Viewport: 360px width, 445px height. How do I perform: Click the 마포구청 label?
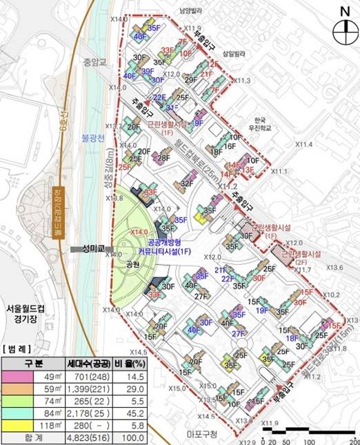pyautogui.click(x=201, y=434)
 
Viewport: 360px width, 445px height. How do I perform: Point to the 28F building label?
pyautogui.click(x=163, y=158)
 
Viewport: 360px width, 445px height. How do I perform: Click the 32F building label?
pyautogui.click(x=187, y=184)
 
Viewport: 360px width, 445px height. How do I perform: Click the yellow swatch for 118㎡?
pyautogui.click(x=22, y=426)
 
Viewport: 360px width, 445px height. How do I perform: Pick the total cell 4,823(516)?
pyautogui.click(x=90, y=439)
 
